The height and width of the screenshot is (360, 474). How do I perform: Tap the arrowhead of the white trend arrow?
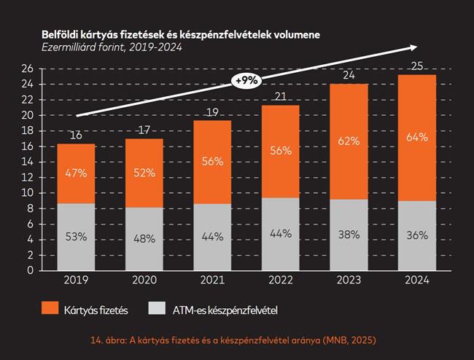pos(413,48)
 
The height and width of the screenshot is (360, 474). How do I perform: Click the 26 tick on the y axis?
pos(28,69)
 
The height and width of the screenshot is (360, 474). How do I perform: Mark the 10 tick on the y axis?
pos(28,193)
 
